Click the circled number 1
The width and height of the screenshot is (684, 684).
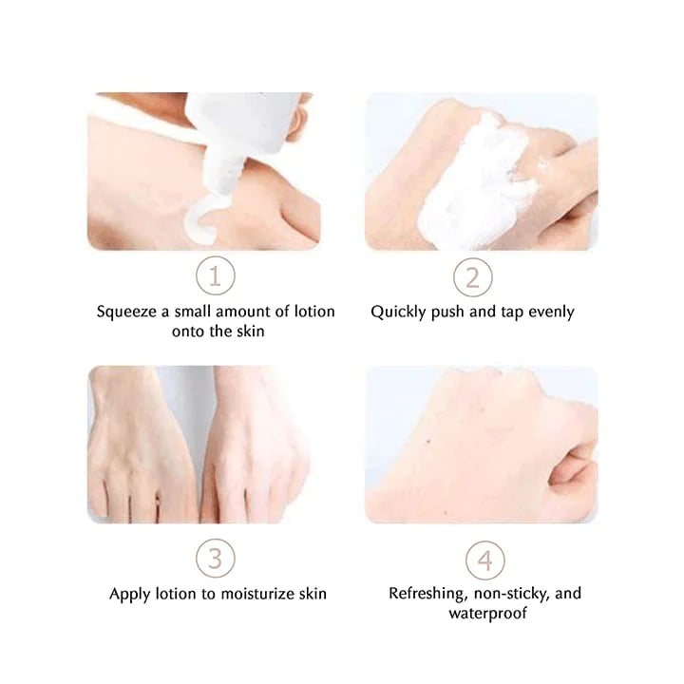216,277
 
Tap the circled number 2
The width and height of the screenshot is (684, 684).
472,277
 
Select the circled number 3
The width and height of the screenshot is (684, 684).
216,559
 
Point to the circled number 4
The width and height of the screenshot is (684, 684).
485,559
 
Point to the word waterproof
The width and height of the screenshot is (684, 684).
485,614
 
